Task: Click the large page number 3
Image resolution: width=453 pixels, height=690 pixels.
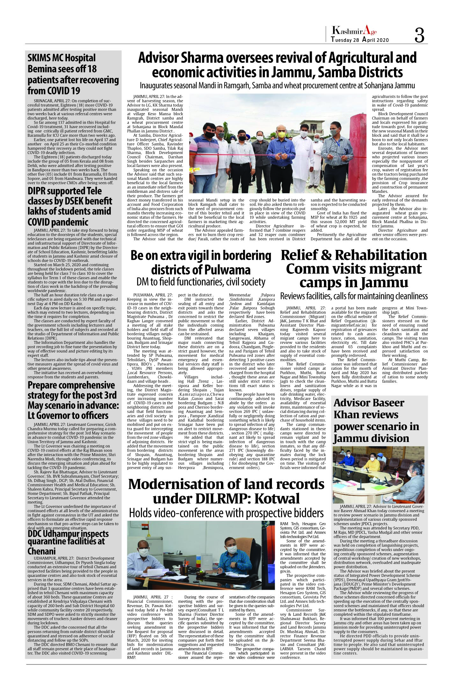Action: coord(419,35)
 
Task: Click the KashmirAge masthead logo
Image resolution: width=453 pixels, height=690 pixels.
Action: coord(354,31)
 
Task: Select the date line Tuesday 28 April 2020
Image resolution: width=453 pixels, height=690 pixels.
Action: coord(360,40)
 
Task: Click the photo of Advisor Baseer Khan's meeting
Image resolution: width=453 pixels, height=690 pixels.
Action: coord(378,475)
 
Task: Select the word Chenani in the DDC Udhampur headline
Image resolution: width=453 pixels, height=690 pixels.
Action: coord(42,551)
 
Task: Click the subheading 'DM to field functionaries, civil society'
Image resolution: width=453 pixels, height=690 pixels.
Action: coord(201,282)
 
